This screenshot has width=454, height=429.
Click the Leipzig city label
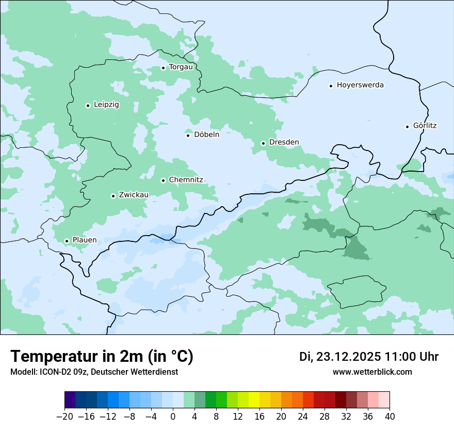coord(106,105)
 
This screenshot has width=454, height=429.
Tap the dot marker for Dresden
coord(263,143)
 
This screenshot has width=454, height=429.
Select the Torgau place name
coord(181,67)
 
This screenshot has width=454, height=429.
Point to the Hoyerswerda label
coord(360,85)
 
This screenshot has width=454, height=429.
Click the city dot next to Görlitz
coord(407,127)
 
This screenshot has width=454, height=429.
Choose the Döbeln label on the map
coord(206,135)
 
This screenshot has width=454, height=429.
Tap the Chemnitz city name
coord(186,180)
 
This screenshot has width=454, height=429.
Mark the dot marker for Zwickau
coord(113,196)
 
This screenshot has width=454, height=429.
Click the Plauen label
coord(85,240)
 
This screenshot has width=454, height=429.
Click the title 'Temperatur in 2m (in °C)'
coord(102,357)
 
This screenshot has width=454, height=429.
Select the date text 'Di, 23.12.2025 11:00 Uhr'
coord(369,357)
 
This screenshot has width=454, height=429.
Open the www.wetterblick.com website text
coord(372,372)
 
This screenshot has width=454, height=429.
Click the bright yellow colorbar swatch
coord(254,400)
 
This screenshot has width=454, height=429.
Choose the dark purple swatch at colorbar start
coord(70,400)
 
